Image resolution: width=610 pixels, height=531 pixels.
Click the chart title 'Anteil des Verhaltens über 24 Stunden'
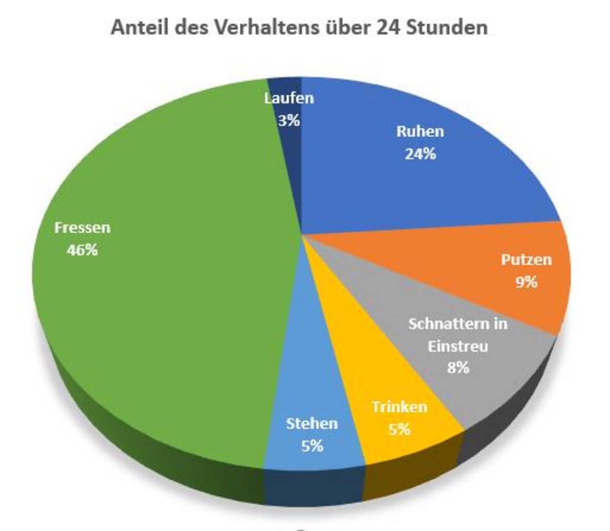click(x=299, y=27)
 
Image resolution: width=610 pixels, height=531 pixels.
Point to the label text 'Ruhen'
click(x=420, y=131)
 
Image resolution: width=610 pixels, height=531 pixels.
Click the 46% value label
click(x=82, y=250)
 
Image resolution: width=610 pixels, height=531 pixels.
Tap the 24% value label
click(x=420, y=153)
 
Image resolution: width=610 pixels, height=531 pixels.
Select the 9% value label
click(x=526, y=282)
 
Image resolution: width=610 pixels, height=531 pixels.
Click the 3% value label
click(x=288, y=120)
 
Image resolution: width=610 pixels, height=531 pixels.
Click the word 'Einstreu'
click(x=457, y=346)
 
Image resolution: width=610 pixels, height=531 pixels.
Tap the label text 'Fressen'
click(x=82, y=228)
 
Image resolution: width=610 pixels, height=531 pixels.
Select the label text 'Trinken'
click(x=399, y=407)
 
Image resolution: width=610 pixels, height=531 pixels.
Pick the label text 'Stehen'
click(x=312, y=424)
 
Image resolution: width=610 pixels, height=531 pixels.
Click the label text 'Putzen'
click(x=526, y=259)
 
